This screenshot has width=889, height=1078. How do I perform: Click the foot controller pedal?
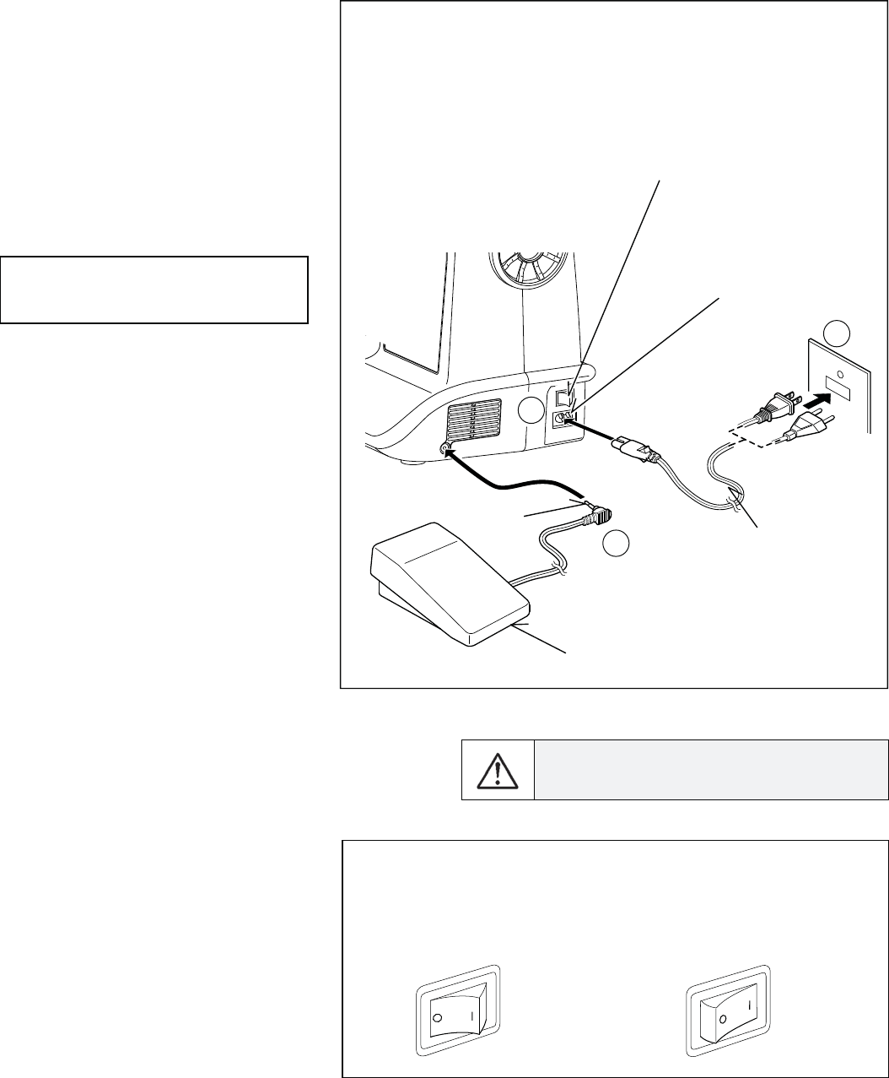pyautogui.click(x=447, y=574)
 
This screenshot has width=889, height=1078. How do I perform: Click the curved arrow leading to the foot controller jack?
pyautogui.click(x=515, y=481)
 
